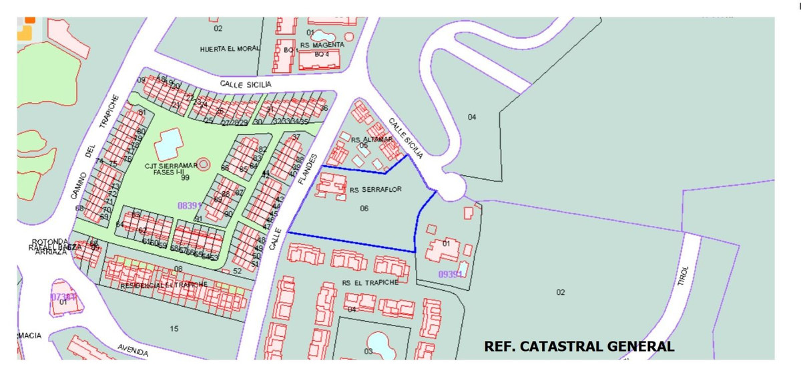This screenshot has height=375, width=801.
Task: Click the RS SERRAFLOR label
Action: click(x=375, y=190)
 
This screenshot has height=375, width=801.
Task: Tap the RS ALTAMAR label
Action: click(x=372, y=139)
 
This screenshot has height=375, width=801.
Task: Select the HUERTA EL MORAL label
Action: click(x=229, y=49)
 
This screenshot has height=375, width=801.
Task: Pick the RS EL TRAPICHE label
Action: click(x=370, y=282)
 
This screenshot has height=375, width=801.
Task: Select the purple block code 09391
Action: click(x=451, y=274)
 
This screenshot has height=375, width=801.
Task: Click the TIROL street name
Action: click(x=682, y=275)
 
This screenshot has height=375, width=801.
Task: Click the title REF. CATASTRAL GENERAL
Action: click(x=579, y=346)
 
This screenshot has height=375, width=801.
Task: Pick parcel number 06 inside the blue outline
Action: click(x=364, y=209)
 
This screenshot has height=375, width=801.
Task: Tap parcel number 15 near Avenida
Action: click(x=174, y=328)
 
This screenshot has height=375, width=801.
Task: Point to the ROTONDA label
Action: click(x=49, y=241)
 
